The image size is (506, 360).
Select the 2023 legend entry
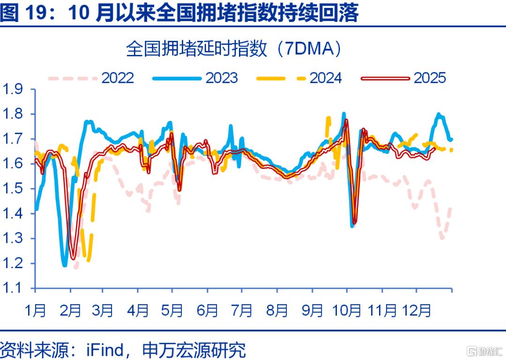[x=195, y=78]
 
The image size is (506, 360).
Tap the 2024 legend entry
[x=299, y=78]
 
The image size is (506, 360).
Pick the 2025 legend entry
[x=403, y=78]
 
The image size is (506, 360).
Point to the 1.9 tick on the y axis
[x=13, y=89]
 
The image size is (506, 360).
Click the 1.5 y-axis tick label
[x=13, y=188]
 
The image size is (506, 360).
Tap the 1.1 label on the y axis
[x=13, y=288]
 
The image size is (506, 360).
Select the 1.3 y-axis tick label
[x=13, y=238]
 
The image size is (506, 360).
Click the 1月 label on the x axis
[x=35, y=310]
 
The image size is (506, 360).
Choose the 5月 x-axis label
[x=172, y=310]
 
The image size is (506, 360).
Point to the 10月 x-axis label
[x=347, y=310]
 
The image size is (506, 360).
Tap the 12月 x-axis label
[x=417, y=310]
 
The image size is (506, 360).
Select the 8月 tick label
[x=277, y=310]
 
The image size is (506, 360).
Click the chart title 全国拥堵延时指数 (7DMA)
[x=233, y=49]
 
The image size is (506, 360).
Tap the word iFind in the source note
[x=105, y=350]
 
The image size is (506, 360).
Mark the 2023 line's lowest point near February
[x=65, y=265]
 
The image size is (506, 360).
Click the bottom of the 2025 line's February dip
[x=73, y=258]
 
